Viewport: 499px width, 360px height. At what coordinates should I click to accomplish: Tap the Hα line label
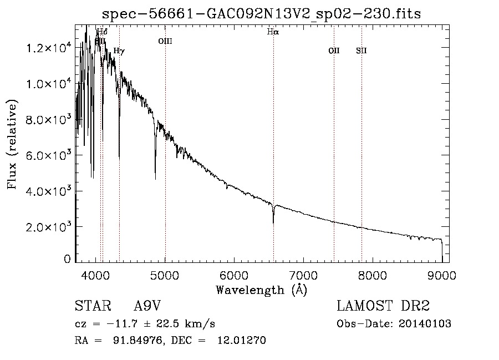(x=273, y=32)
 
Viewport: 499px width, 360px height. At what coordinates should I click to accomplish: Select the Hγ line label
(x=119, y=51)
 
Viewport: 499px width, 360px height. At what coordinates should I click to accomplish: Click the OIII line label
(x=165, y=40)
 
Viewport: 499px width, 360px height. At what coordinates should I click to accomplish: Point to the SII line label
(x=361, y=51)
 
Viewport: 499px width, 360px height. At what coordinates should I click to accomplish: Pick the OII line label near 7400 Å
(x=334, y=51)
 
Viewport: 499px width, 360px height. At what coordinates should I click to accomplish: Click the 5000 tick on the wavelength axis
(x=165, y=274)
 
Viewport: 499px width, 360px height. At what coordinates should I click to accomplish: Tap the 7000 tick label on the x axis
(x=303, y=274)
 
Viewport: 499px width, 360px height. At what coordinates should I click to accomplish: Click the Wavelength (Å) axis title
(x=261, y=290)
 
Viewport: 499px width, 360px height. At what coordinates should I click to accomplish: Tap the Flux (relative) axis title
(x=12, y=145)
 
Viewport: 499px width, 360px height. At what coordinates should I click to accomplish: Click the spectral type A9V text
(x=147, y=307)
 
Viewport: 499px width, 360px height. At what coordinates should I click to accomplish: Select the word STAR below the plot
(x=91, y=307)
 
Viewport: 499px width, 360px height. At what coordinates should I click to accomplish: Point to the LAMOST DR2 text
(x=383, y=307)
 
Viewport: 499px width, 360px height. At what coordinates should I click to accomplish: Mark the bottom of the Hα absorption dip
(x=273, y=222)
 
